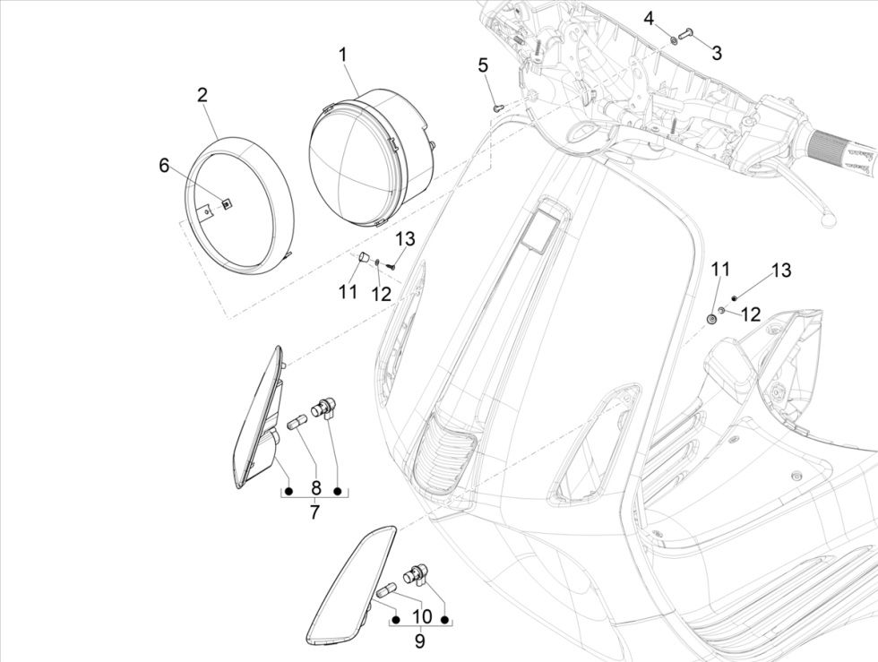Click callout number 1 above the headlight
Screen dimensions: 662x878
click(342, 56)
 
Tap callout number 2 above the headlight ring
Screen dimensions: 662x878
click(202, 96)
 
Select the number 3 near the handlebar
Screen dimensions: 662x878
click(716, 53)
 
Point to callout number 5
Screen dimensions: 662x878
click(483, 65)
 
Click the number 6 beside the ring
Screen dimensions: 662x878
click(164, 166)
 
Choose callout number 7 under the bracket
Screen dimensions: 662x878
click(314, 512)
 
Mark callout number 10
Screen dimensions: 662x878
click(420, 616)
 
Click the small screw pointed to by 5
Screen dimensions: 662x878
click(500, 106)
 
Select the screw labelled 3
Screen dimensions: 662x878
click(688, 34)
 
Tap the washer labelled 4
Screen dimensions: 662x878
click(672, 39)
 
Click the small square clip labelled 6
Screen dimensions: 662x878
click(227, 203)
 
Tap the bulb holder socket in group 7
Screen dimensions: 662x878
click(323, 408)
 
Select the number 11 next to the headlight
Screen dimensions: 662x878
click(348, 291)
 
